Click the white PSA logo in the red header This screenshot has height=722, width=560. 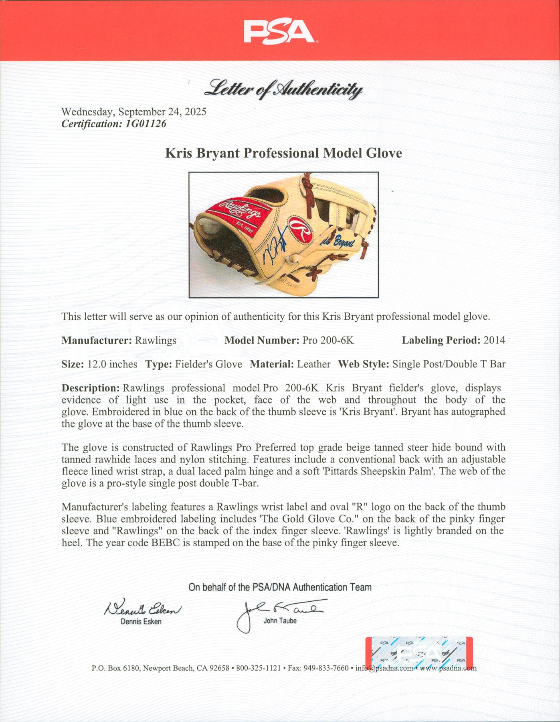pyautogui.click(x=279, y=32)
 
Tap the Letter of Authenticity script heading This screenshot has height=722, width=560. pyautogui.click(x=284, y=89)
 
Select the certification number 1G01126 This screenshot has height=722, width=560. pyautogui.click(x=146, y=124)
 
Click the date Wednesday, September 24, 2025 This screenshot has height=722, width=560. pyautogui.click(x=134, y=112)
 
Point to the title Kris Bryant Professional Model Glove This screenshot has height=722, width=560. pyautogui.click(x=283, y=153)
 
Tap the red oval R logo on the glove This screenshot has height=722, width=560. pyautogui.click(x=301, y=230)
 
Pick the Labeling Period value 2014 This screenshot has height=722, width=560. pyautogui.click(x=494, y=341)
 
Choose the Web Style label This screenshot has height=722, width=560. pyautogui.click(x=363, y=364)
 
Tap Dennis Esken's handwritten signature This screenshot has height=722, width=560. pyautogui.click(x=142, y=609)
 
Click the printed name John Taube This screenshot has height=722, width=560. pyautogui.click(x=280, y=621)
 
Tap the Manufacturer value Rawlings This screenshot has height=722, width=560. pyautogui.click(x=156, y=341)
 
